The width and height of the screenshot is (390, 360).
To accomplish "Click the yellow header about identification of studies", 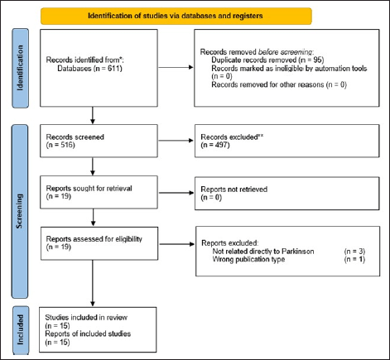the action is pyautogui.click(x=176, y=16).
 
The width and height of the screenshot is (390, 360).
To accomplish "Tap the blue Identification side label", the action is pyautogui.click(x=20, y=68).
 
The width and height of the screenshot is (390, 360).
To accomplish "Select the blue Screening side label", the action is pyautogui.click(x=20, y=211).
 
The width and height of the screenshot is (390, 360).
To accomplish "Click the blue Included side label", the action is pyautogui.click(x=21, y=330).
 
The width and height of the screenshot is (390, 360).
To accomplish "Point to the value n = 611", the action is pyautogui.click(x=108, y=68).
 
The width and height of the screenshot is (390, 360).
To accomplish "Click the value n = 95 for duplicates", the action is pyautogui.click(x=311, y=60).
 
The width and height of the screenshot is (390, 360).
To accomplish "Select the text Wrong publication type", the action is pyautogui.click(x=248, y=259).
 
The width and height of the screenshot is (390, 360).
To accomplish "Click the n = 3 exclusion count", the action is pyautogui.click(x=354, y=252).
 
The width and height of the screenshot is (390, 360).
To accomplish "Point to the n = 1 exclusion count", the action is pyautogui.click(x=354, y=259).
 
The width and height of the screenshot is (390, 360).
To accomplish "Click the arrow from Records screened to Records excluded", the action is pyautogui.click(x=176, y=141).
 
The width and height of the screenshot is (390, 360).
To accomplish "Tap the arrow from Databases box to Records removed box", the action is pyautogui.click(x=176, y=67).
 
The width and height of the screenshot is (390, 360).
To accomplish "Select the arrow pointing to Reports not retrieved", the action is pyautogui.click(x=176, y=193).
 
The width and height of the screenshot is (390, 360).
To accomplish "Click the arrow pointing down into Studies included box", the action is pyautogui.click(x=93, y=283).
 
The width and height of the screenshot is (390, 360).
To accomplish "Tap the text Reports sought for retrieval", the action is pyautogui.click(x=89, y=188).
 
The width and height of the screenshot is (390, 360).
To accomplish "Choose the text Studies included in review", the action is pyautogui.click(x=86, y=318).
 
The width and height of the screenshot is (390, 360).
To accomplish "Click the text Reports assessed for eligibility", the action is pyautogui.click(x=94, y=239).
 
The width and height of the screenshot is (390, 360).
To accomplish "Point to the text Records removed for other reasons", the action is pyautogui.click(x=267, y=84).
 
